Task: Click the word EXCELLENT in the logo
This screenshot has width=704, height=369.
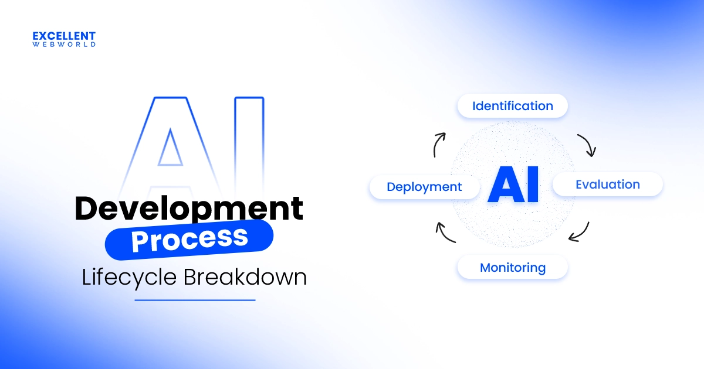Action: (64, 36)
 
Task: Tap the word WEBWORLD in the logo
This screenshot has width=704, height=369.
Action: (64, 45)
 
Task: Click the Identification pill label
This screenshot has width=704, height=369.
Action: (513, 106)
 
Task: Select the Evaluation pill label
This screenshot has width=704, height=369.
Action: (608, 184)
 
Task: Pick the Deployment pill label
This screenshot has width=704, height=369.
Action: (424, 187)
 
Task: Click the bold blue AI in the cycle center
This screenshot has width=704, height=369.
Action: (513, 184)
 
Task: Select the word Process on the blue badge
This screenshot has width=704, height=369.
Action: (189, 240)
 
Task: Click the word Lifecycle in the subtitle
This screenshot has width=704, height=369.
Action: (129, 278)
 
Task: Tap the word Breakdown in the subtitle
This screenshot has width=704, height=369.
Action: (245, 276)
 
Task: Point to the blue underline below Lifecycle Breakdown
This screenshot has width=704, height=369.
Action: (195, 300)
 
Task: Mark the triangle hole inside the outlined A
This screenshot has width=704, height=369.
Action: (170, 151)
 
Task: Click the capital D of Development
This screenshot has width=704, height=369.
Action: (86, 208)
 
